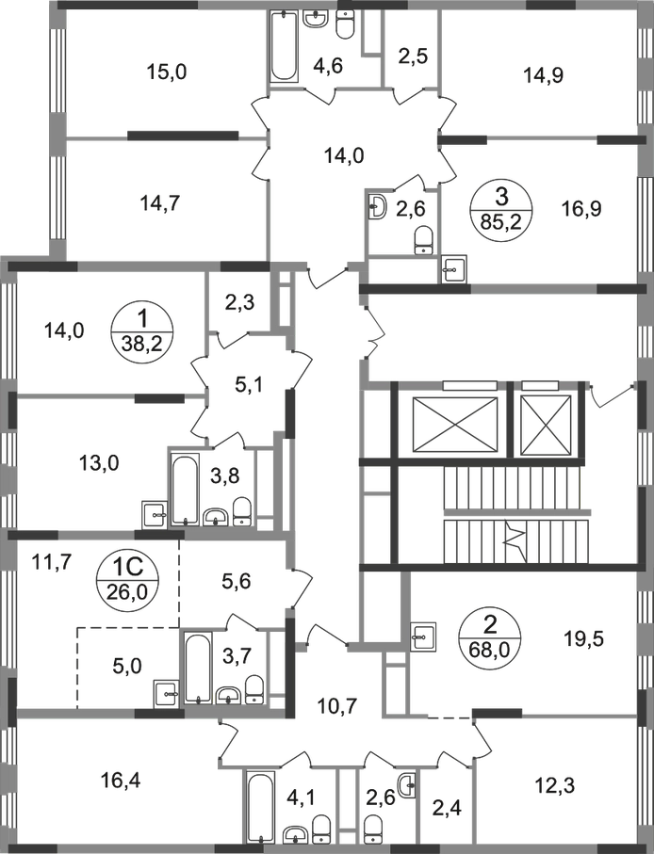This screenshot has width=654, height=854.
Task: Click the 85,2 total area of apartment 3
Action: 500,221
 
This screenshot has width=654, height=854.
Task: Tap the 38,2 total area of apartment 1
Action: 142,344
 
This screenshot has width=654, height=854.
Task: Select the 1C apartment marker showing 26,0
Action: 127,578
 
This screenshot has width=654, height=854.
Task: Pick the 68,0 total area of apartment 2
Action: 490,650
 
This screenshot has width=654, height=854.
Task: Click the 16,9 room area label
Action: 581,208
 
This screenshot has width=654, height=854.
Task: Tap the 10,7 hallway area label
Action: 337,706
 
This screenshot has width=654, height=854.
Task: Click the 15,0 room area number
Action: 167,72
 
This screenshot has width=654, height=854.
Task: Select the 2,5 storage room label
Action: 413,56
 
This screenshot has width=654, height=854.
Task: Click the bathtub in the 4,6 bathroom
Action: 284,46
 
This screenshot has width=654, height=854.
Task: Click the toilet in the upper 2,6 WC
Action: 423,241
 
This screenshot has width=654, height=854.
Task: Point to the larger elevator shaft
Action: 455,418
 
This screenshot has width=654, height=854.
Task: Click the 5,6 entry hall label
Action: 237,582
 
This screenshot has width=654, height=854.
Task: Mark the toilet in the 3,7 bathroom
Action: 253,689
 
